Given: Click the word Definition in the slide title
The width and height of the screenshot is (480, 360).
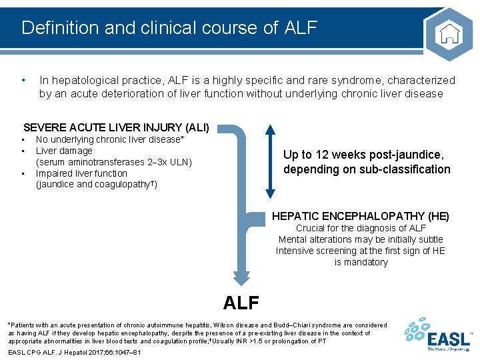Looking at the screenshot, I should click(57, 28).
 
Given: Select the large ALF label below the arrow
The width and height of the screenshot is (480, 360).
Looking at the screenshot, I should click(241, 303).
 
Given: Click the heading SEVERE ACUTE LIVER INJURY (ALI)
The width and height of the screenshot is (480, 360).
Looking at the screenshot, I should click(116, 127).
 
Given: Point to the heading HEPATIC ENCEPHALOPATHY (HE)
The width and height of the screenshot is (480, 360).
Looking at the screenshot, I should click(360, 216).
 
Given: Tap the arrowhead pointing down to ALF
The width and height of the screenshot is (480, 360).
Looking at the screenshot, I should click(241, 278).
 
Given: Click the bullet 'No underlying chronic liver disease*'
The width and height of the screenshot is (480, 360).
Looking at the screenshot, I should click(109, 139).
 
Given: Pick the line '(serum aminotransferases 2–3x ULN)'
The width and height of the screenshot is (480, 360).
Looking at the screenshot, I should click(113, 162).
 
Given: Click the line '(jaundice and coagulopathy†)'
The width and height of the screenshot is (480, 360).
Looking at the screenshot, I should click(96, 185).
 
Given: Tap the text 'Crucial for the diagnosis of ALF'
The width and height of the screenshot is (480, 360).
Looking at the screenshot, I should click(360, 228).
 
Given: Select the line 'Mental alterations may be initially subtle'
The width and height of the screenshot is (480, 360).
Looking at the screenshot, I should click(360, 239).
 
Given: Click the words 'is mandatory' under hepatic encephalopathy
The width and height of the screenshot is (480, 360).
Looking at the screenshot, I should click(360, 262).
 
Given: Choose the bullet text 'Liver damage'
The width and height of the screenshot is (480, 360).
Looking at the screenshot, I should click(64, 151).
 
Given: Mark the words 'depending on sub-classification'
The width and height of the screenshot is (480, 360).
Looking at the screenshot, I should click(367, 169).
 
